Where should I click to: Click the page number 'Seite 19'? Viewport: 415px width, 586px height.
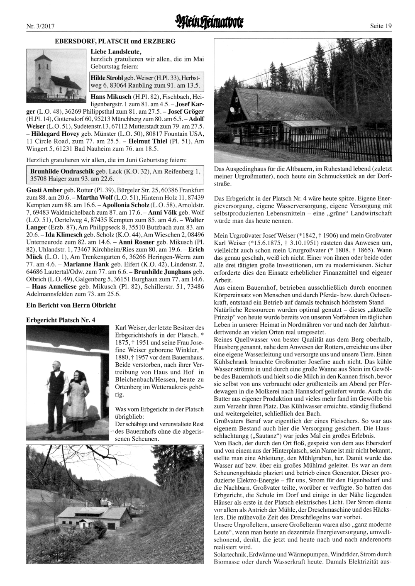381,26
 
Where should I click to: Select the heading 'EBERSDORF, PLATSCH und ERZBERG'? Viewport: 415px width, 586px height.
115,41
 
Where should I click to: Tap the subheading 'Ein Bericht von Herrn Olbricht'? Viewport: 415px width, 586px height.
71,305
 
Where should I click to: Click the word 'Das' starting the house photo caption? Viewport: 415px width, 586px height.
220,170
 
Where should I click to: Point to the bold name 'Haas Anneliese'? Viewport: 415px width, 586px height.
51,286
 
